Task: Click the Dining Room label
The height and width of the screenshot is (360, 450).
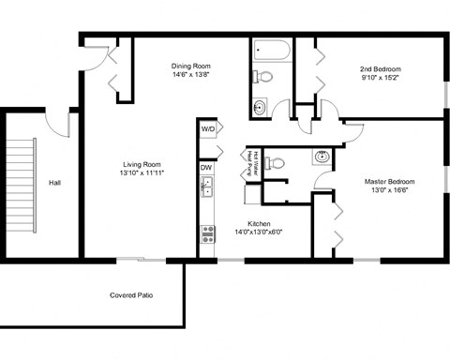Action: [189, 66]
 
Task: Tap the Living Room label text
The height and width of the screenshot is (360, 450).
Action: [142, 162]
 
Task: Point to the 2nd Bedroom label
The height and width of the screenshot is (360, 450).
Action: [381, 69]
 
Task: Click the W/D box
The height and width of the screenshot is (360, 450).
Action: [207, 129]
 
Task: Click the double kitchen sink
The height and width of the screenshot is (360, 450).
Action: [207, 187]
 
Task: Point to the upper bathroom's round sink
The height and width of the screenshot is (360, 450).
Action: [261, 106]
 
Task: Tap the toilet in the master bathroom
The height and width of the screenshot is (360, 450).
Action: [274, 163]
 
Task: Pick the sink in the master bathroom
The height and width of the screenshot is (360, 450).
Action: [322, 156]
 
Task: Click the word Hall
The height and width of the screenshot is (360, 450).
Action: [54, 183]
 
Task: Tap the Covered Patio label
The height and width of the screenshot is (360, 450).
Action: [131, 295]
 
